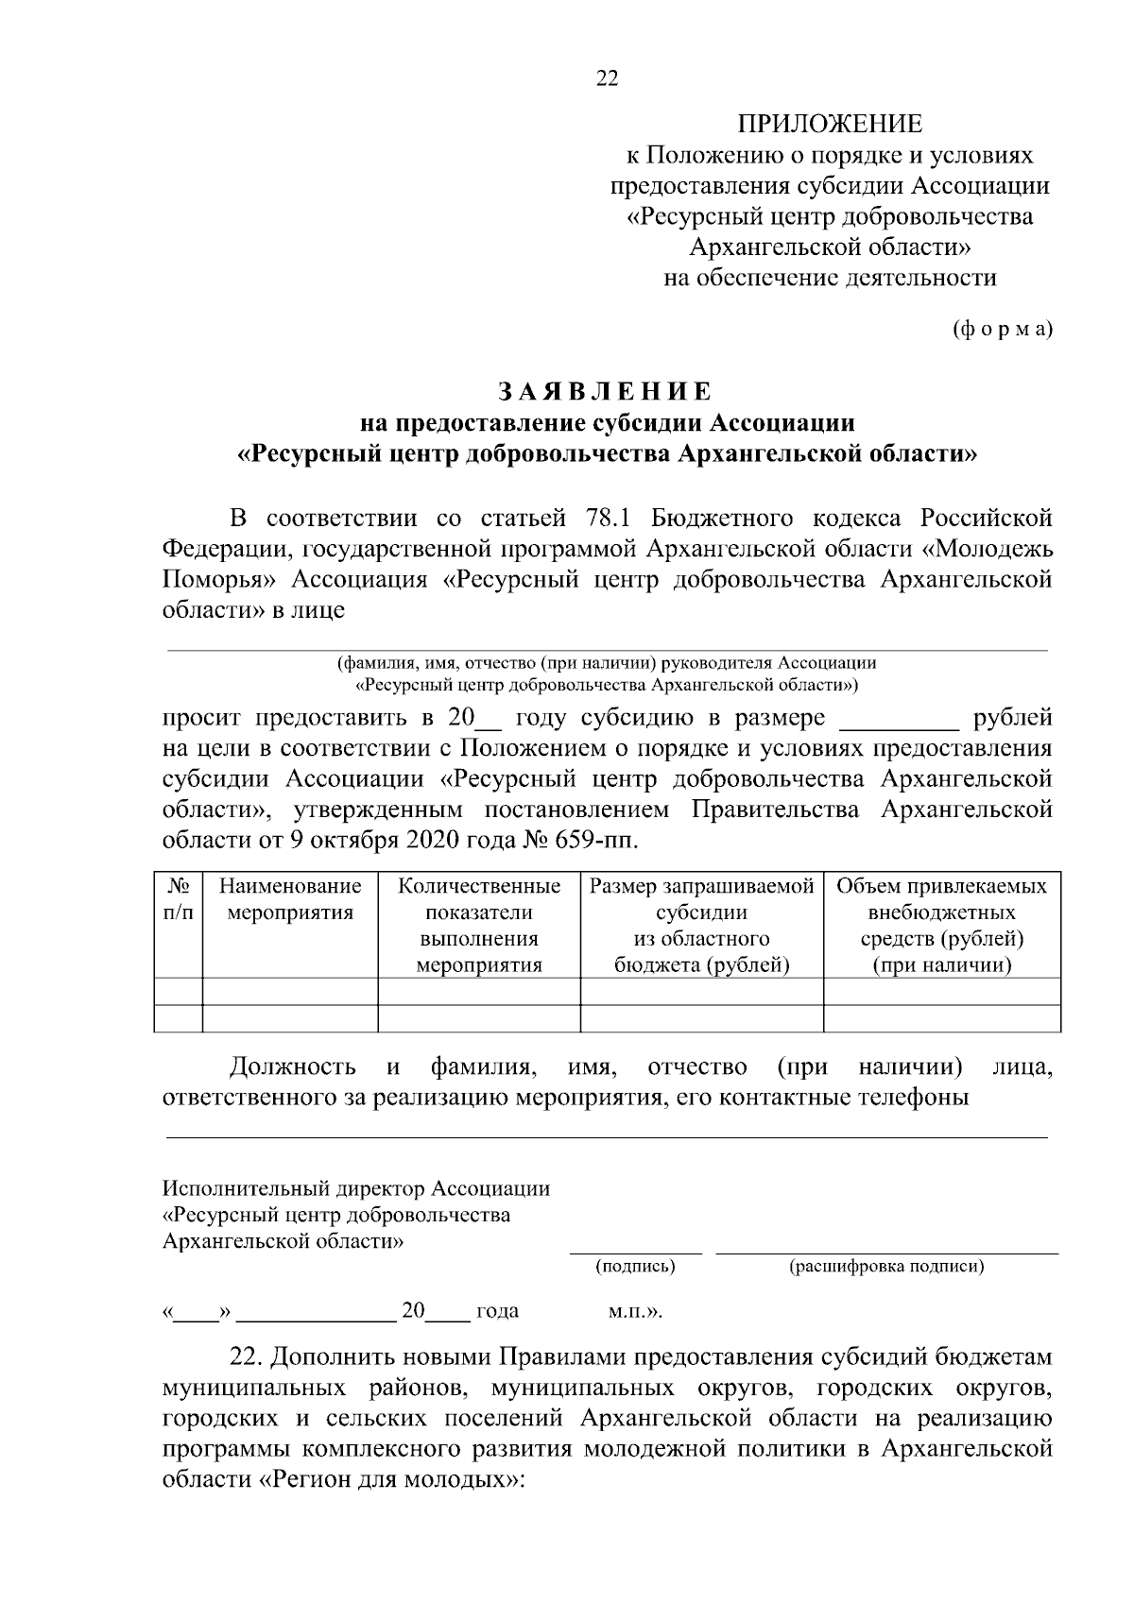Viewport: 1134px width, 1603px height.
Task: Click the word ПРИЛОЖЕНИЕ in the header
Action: [x=829, y=124]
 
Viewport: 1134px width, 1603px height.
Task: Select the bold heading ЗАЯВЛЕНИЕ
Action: [x=605, y=391]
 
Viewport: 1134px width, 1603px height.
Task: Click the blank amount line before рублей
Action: [x=899, y=720]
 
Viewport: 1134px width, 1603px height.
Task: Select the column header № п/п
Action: [x=179, y=899]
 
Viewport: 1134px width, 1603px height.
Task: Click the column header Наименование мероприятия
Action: [x=290, y=899]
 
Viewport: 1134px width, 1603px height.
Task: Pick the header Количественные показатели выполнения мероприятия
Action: [x=479, y=925]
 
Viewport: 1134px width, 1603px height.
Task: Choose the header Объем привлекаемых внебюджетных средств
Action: [x=941, y=925]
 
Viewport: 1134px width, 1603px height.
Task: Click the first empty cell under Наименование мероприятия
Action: [x=290, y=991]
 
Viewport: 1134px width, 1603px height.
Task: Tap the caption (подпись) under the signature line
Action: [x=634, y=1267]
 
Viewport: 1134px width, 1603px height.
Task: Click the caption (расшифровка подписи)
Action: [x=886, y=1267]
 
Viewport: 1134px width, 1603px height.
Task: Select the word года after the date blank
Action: [x=497, y=1311]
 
